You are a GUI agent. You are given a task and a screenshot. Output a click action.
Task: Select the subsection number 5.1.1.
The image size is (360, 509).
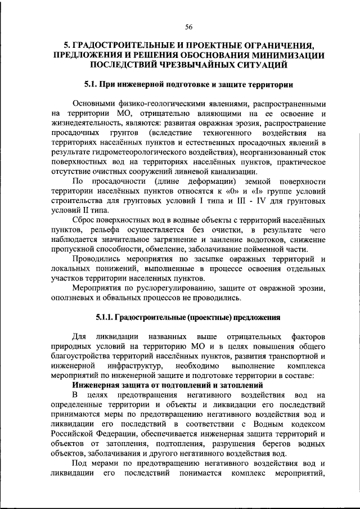[105, 318]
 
